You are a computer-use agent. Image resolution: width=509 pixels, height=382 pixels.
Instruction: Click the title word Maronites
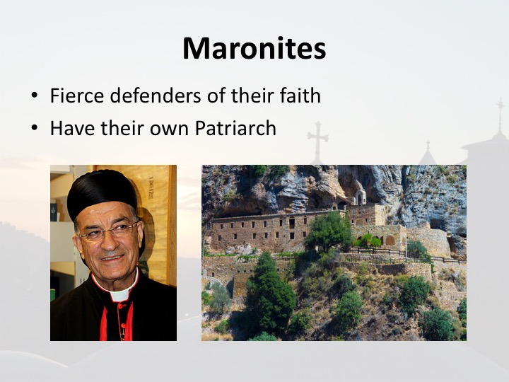click(x=255, y=48)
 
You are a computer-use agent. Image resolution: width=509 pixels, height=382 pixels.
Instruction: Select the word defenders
click(x=156, y=95)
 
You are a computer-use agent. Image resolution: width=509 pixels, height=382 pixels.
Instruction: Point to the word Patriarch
click(x=235, y=128)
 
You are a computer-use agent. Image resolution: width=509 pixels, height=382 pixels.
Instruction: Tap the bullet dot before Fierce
click(x=35, y=95)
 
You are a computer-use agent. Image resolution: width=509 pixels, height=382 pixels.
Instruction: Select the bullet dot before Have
click(x=35, y=128)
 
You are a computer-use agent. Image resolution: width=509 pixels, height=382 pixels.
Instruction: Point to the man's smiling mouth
click(x=112, y=258)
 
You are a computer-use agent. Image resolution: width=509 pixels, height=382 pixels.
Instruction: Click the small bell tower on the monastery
click(x=361, y=196)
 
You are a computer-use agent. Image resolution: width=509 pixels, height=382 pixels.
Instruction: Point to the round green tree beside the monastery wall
click(x=329, y=231)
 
